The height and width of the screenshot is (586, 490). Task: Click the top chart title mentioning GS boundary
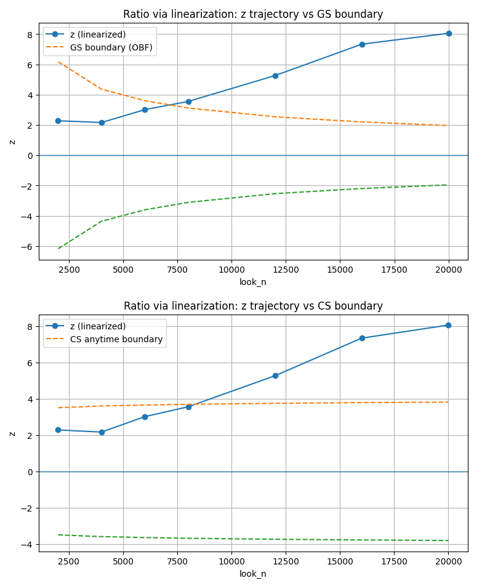tap(253, 14)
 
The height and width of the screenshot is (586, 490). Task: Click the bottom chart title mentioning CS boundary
tap(253, 306)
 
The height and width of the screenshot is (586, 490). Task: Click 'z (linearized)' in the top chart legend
tap(98, 34)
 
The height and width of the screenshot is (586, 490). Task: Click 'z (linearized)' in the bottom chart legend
tap(98, 326)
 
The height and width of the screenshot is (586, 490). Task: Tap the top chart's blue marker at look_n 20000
tap(449, 33)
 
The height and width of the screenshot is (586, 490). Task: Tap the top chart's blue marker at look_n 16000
tap(362, 44)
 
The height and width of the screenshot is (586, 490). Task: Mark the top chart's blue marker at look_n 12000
tap(275, 76)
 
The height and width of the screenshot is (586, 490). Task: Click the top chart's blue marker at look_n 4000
tap(102, 122)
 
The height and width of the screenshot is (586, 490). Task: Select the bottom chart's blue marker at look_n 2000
tap(58, 430)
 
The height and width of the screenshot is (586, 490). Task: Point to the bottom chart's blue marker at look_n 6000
tap(145, 417)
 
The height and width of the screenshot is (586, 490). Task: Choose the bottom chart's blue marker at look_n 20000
tap(449, 325)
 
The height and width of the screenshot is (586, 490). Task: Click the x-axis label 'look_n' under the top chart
tap(253, 282)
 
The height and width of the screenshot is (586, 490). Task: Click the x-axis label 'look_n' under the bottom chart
tap(253, 574)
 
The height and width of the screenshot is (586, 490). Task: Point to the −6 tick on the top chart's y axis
tap(26, 246)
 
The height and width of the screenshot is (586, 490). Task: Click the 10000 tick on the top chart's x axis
tap(231, 269)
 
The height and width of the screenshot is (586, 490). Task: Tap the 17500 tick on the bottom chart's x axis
tap(395, 561)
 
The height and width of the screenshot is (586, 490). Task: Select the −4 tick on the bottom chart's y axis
tap(26, 544)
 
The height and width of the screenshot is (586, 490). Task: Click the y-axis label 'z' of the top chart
tap(12, 142)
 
